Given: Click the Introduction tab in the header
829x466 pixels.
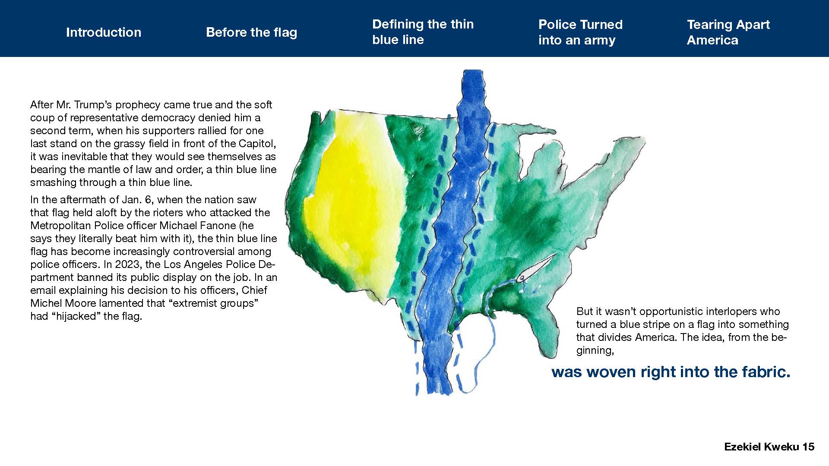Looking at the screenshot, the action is click(x=104, y=32).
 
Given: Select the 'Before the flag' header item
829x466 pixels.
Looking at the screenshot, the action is click(x=252, y=32).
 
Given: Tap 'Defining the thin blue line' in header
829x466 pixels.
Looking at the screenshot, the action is click(x=423, y=32).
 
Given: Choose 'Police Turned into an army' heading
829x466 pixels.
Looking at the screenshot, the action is click(x=580, y=32).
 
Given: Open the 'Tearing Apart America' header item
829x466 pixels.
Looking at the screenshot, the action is click(x=728, y=32).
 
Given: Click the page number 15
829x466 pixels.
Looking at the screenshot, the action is click(x=808, y=447).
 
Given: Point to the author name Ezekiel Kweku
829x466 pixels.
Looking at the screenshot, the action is click(x=762, y=447).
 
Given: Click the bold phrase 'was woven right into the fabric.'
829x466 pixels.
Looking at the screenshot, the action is click(x=671, y=372).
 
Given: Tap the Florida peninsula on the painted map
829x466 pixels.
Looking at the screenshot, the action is click(x=546, y=328).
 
